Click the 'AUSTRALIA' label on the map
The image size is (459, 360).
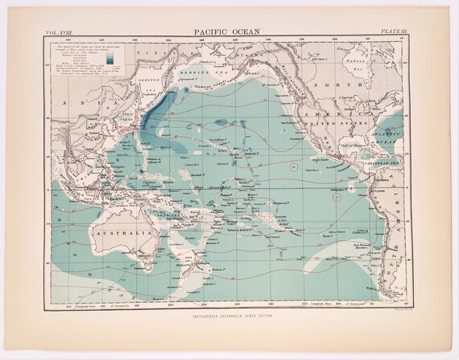tap(121, 234)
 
